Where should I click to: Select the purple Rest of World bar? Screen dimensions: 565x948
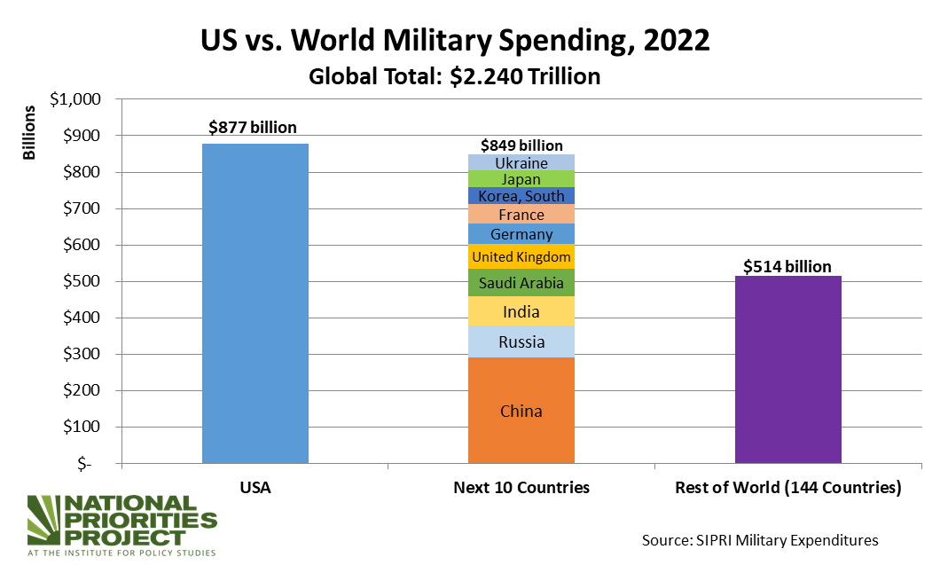click(788, 369)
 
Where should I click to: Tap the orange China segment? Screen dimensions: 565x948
click(521, 410)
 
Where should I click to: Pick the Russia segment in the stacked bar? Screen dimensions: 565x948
click(521, 342)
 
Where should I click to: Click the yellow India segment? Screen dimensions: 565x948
click(521, 311)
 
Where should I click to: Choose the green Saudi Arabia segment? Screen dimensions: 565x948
click(521, 283)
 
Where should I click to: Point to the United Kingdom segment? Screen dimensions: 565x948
click(521, 257)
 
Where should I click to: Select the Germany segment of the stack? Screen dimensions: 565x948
click(521, 234)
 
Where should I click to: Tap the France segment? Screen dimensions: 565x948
click(521, 215)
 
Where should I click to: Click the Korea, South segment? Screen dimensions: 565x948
click(521, 196)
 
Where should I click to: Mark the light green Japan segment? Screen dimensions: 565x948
click(521, 179)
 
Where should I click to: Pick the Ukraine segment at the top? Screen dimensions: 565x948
click(521, 163)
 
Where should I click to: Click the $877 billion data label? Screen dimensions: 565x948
click(253, 128)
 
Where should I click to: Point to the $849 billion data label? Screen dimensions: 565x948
click(521, 145)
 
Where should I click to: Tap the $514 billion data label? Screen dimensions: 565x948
click(787, 266)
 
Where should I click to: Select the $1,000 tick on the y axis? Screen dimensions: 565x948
click(77, 99)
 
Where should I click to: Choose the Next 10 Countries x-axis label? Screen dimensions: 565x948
click(521, 487)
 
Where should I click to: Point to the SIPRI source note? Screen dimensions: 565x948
click(760, 539)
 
